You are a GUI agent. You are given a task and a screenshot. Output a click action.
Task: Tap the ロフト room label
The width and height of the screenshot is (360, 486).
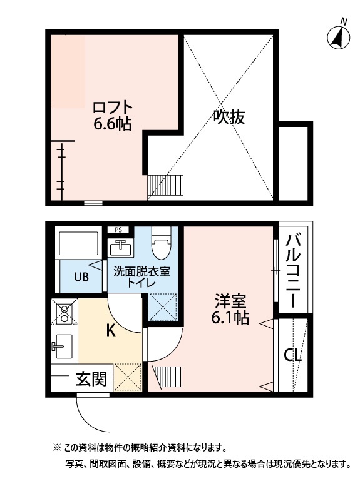coord(112,106)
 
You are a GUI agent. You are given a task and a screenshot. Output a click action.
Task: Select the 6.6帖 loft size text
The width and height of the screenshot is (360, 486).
coord(112,124)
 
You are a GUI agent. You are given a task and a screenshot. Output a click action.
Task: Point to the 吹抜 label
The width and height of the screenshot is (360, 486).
coord(228,116)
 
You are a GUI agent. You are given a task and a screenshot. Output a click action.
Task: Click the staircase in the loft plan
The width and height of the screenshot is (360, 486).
coord(165,186)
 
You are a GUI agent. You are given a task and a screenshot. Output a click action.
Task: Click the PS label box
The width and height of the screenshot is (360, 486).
coord(118,230)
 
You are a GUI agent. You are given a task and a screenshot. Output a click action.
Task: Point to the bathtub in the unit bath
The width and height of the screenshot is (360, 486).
coord(78,244)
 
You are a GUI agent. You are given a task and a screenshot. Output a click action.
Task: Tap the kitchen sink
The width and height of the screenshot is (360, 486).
coord(63,346)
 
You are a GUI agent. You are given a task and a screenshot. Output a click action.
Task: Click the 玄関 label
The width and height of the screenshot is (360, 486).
coord(91,378)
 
